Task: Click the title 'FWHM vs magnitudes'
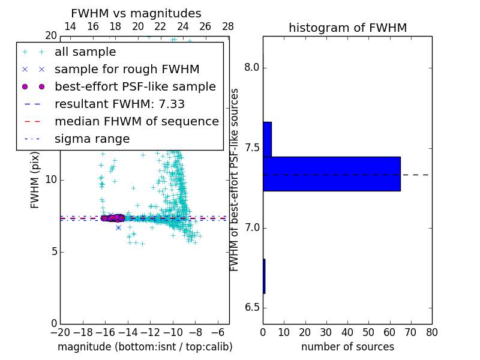136,13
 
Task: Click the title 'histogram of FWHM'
347,28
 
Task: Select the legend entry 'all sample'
85,52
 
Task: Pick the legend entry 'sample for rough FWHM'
127,70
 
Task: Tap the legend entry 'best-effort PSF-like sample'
135,87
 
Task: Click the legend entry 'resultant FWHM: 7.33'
119,104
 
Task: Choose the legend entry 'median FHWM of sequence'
136,122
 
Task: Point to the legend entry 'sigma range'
92,139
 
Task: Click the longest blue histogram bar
331,174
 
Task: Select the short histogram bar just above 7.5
267,139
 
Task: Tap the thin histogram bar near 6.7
264,276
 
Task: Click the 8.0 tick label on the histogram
252,68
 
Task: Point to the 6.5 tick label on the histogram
252,308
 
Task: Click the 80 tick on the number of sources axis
431,332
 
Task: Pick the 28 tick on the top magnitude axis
228,26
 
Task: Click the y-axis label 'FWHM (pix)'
35,179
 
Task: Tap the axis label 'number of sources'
347,347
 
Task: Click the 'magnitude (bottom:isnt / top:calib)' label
145,347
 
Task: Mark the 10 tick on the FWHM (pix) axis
50,180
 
